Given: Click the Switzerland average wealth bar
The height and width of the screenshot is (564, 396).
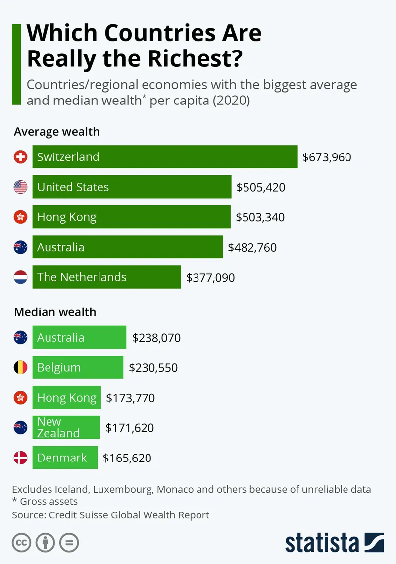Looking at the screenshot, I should coord(165,157).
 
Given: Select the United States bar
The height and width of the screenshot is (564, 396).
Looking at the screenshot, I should coord(132,187).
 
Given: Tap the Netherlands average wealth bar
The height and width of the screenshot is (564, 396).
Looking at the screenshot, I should coord(106,277).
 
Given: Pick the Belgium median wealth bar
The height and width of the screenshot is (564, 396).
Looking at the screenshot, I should coord(78,367).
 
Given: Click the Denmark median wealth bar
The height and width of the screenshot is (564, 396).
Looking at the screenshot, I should coord(65,458).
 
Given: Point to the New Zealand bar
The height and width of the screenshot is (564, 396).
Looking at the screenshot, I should coord(66,427).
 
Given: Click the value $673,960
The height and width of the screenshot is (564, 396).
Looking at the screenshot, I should coord(327,157).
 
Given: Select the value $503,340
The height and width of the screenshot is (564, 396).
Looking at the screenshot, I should coord(260,217).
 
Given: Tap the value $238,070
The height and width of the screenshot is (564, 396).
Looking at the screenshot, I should coord(156,338).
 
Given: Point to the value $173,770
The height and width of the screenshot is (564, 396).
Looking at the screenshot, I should coord(131,398).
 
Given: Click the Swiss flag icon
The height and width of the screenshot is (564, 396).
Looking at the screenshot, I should coord(20,157).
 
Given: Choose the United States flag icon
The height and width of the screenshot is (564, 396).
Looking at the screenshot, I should coord(20,187).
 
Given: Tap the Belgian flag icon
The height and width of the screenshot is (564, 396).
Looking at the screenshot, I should coord(20,367).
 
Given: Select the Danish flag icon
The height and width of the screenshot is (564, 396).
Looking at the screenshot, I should coord(20,458).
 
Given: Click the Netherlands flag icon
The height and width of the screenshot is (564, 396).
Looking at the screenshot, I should coord(20,277).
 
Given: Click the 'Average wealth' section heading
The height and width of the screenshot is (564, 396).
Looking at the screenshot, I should coord(57,132).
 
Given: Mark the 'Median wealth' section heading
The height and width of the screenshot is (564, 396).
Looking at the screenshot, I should coord(55,312).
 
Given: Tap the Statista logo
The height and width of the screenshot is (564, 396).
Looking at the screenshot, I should coord(334,542).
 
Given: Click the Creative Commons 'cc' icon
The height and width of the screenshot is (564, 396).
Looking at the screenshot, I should coord(21,543).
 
